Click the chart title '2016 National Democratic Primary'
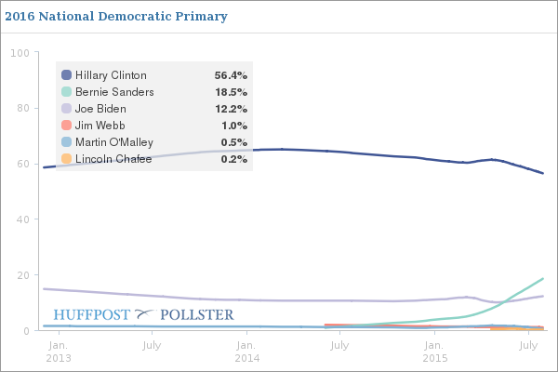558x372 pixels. pos(116,17)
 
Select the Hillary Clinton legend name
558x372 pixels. pos(111,75)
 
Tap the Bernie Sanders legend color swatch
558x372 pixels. pos(67,92)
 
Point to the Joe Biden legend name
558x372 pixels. pos(100,109)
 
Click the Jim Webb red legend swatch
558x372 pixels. pos(67,126)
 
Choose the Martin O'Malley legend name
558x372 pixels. pos(114,142)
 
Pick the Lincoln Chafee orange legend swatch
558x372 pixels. pos(67,159)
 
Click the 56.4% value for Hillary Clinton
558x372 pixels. pos(231,75)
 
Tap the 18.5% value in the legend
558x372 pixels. pos(231,92)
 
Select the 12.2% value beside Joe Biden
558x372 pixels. pos(231,109)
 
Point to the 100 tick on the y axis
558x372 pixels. pos(20,53)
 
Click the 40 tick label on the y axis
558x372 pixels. pos(22,219)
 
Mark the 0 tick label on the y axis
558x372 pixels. pos(26,331)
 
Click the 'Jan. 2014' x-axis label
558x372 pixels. pos(246,352)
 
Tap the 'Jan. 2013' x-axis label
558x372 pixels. pos(59,352)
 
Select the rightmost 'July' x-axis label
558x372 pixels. pos(528,345)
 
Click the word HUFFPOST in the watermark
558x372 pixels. pos(91,314)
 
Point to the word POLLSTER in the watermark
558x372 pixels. pos(197,314)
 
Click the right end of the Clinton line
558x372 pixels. pos(543,174)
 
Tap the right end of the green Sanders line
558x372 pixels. pos(543,278)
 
